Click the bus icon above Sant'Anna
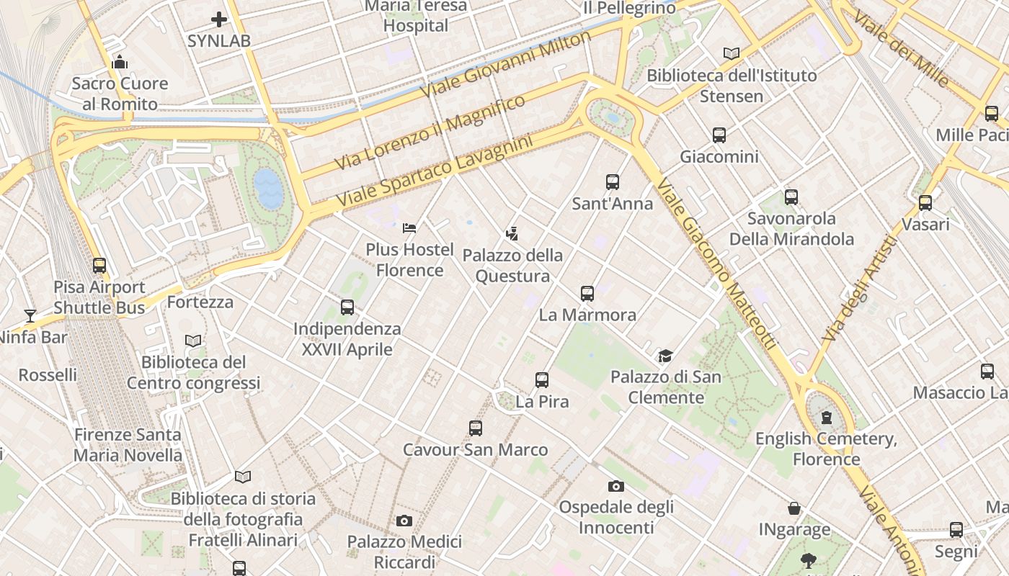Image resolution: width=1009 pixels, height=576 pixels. (x=613, y=182)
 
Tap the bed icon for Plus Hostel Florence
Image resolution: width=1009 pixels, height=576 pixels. (x=409, y=228)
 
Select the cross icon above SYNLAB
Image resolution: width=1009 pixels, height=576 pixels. (x=219, y=19)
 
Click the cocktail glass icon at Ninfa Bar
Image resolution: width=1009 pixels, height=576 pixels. (x=30, y=315)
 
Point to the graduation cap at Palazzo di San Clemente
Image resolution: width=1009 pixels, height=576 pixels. (x=665, y=356)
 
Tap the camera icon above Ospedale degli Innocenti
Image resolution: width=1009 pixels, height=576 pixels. (x=616, y=486)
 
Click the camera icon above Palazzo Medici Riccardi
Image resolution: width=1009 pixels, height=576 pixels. (x=404, y=521)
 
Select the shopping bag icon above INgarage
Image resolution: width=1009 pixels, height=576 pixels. (x=794, y=509)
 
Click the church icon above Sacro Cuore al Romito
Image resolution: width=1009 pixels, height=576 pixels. (x=120, y=63)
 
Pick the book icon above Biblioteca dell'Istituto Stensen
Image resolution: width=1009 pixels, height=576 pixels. (x=732, y=54)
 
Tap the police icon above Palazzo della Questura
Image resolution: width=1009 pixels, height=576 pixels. (x=512, y=234)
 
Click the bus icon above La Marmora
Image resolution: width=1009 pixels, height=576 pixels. (x=587, y=294)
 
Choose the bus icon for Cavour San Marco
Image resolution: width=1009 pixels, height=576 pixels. (x=476, y=428)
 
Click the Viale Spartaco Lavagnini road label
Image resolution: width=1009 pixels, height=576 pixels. (x=435, y=170)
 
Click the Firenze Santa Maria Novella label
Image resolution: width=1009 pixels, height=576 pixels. (x=128, y=445)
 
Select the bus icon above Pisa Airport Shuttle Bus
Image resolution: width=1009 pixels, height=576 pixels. (x=99, y=266)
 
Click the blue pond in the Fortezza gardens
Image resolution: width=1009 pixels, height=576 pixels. (x=268, y=189)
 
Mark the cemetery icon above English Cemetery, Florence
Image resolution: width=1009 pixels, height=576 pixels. (x=827, y=418)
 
